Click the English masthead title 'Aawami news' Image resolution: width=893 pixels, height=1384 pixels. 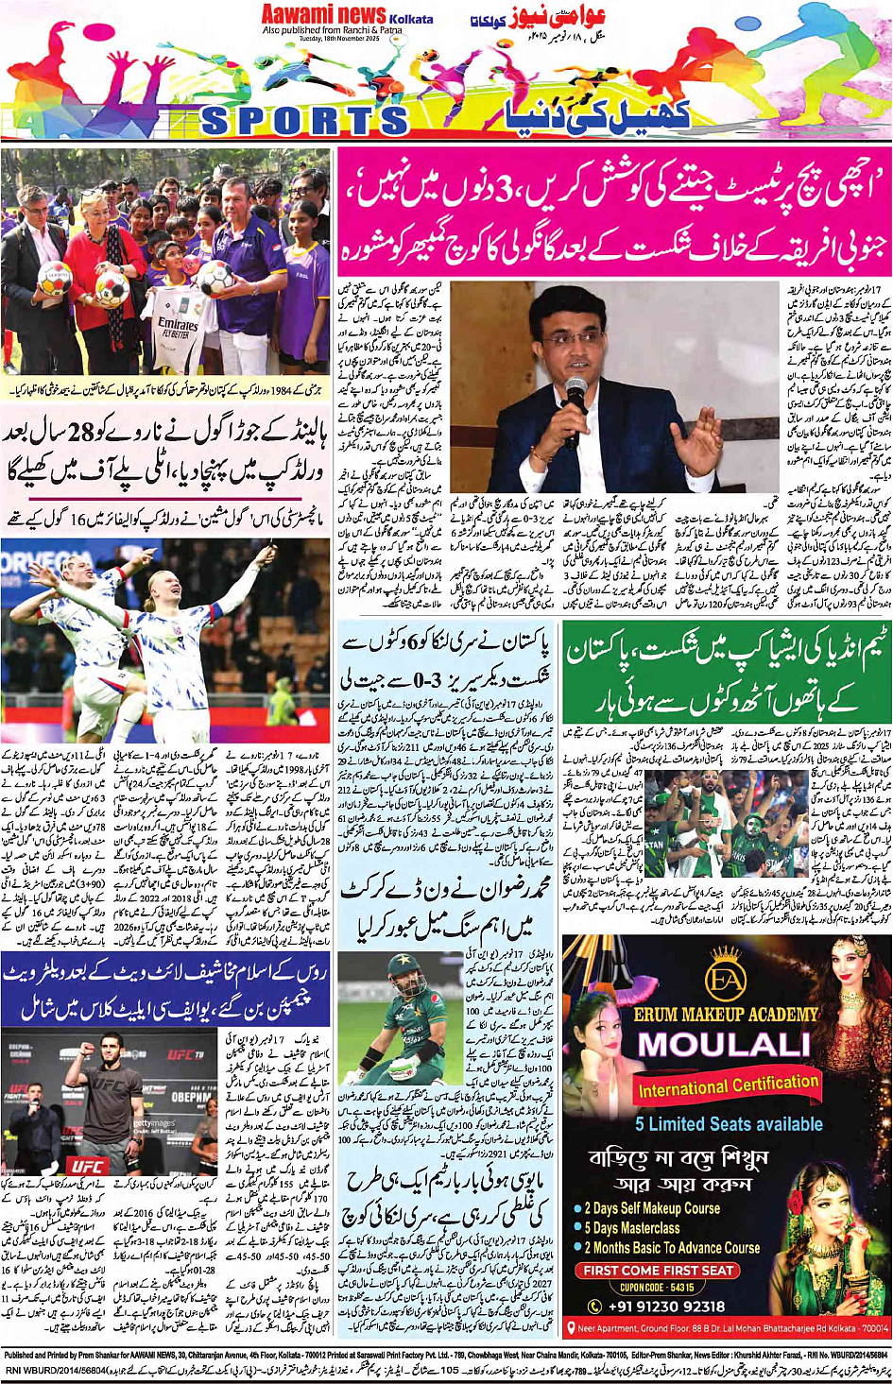323,14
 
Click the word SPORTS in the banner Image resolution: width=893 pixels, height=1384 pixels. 304,121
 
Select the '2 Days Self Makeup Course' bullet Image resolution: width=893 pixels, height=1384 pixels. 651,1208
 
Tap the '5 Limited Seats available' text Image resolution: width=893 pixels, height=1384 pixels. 729,1124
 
